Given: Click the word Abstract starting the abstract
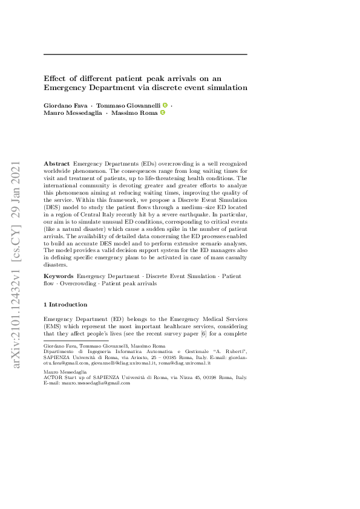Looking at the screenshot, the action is [57, 164].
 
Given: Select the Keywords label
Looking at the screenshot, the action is [59, 276].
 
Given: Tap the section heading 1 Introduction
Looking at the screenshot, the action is [66, 305].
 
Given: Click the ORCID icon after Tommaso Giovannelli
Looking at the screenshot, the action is [165, 105].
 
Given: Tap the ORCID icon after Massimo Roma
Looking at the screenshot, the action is [162, 113].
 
